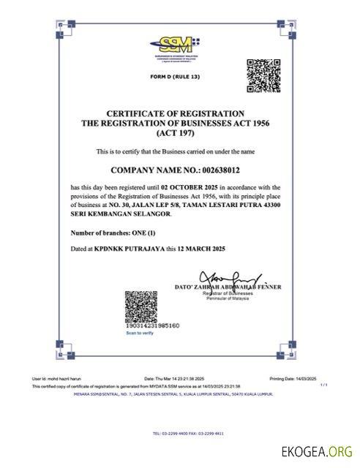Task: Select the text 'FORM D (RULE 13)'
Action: tap(175, 77)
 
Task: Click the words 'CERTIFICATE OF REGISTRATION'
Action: tap(175, 113)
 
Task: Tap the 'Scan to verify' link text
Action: tap(139, 333)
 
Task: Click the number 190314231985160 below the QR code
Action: tap(152, 325)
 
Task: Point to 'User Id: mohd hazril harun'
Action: tap(56, 379)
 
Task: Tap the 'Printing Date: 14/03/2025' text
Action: tap(292, 379)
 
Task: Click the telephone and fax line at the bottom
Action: tap(178, 433)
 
